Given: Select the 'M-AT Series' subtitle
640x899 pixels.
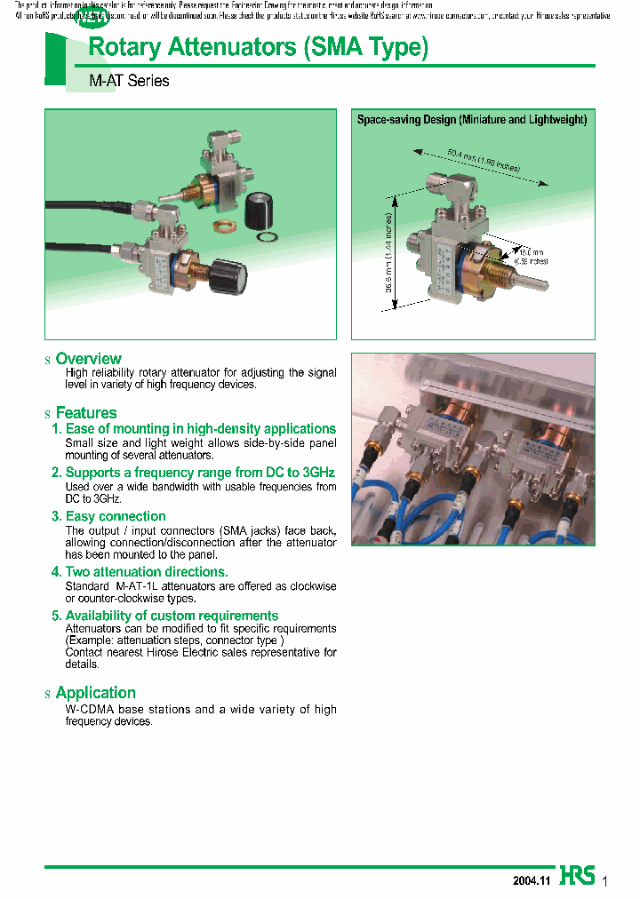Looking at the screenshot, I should point(129,81).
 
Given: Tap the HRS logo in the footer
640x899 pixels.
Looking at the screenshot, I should point(577,875).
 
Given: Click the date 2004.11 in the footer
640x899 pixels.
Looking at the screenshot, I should point(532,880).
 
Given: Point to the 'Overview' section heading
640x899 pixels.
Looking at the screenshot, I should point(88,359).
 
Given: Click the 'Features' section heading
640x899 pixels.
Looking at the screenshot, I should point(86,413).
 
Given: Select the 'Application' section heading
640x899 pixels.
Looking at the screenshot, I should point(95,693).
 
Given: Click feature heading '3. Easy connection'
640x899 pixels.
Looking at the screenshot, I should point(108,516).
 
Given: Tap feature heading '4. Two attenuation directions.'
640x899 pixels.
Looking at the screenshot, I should point(140,572).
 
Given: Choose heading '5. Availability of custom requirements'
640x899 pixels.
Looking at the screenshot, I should point(164,616).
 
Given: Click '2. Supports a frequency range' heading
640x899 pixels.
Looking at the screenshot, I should point(193,473).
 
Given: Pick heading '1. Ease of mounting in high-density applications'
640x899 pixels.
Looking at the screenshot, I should point(194,429).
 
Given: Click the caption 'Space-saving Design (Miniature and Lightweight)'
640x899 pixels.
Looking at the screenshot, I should point(472,119).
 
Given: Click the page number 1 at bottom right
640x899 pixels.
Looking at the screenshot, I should point(605,881).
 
